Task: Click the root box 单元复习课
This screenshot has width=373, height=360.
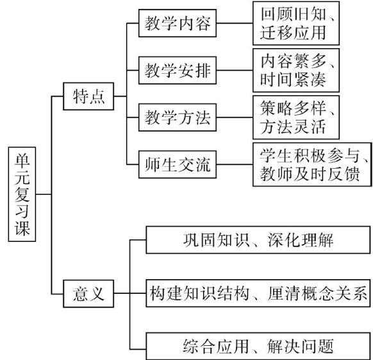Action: point(22,194)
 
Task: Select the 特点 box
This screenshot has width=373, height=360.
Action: point(88,96)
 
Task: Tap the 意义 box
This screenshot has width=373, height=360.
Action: point(88,293)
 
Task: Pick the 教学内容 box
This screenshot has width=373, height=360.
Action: point(178,23)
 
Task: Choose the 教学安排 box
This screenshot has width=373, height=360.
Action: point(178,71)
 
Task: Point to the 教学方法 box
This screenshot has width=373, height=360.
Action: point(178,117)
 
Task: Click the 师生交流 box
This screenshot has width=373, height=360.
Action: point(178,164)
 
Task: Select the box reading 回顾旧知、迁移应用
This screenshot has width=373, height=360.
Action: point(296,23)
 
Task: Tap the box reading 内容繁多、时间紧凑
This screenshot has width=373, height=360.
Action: point(296,71)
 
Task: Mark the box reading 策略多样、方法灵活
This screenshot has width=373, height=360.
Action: point(296,117)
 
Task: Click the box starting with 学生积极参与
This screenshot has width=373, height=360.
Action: point(312,164)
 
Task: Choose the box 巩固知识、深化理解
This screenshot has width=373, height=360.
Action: point(258,240)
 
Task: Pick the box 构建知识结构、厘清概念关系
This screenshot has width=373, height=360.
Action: point(258,293)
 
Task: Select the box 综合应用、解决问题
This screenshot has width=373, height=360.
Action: point(258,346)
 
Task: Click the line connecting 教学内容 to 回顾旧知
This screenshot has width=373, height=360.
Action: point(235,23)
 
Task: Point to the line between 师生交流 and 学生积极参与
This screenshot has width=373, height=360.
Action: point(235,164)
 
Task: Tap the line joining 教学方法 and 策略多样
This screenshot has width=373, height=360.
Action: point(235,117)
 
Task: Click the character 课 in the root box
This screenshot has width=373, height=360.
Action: point(22,228)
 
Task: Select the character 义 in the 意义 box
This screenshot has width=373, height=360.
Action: point(97,293)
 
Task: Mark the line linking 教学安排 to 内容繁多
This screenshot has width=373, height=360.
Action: point(235,71)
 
